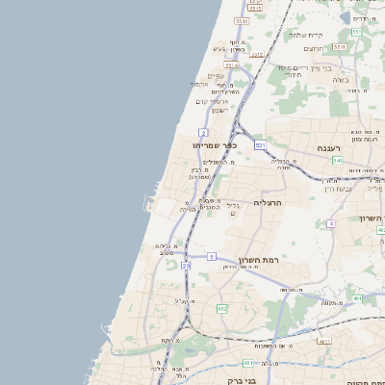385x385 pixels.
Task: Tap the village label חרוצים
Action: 315,48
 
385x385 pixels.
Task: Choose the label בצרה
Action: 341,80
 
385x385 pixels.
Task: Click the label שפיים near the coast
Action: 216,76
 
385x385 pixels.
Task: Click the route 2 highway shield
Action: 204,132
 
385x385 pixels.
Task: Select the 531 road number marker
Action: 260,144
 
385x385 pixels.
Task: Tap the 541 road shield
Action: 336,160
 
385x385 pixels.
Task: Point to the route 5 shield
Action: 211,256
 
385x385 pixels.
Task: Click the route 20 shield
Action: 186,264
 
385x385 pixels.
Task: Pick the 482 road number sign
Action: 222,308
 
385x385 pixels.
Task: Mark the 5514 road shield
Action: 232,65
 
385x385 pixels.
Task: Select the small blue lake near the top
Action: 346,17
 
